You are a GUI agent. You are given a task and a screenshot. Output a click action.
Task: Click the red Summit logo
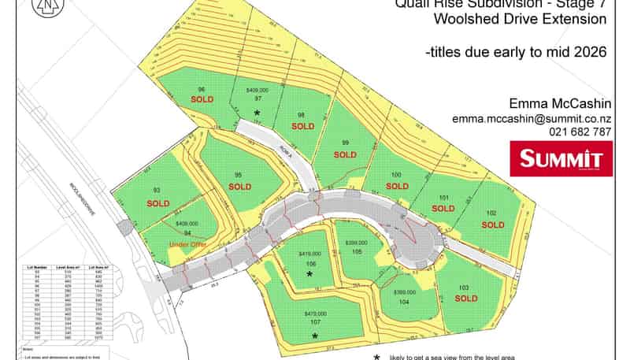[x=561, y=158]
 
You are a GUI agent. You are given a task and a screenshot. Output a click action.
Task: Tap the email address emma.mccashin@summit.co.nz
[x=531, y=118]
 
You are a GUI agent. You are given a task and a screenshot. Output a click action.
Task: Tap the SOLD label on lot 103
[x=465, y=299]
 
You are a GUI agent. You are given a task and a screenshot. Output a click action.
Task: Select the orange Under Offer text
[x=187, y=245]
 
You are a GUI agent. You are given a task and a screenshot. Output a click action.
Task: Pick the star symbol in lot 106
[x=309, y=274]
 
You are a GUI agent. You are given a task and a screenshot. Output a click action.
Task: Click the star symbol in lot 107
[x=314, y=336]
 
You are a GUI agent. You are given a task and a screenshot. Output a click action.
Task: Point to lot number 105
[x=357, y=252]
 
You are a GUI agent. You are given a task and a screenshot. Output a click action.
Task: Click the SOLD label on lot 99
[x=345, y=154]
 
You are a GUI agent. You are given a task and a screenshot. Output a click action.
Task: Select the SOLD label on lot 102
[x=493, y=225]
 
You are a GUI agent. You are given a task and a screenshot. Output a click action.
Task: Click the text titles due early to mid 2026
[x=516, y=53]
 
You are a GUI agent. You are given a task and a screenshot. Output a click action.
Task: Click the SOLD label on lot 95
[x=239, y=187]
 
